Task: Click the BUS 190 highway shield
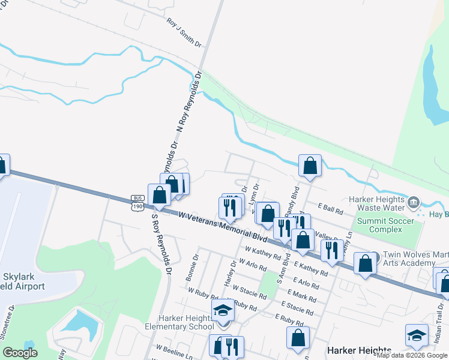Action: point(137,202)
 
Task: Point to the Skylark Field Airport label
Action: point(23,281)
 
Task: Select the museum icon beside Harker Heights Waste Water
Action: point(414,203)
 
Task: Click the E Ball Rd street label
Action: point(330,212)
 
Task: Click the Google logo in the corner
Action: point(20,352)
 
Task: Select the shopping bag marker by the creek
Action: point(310,166)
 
